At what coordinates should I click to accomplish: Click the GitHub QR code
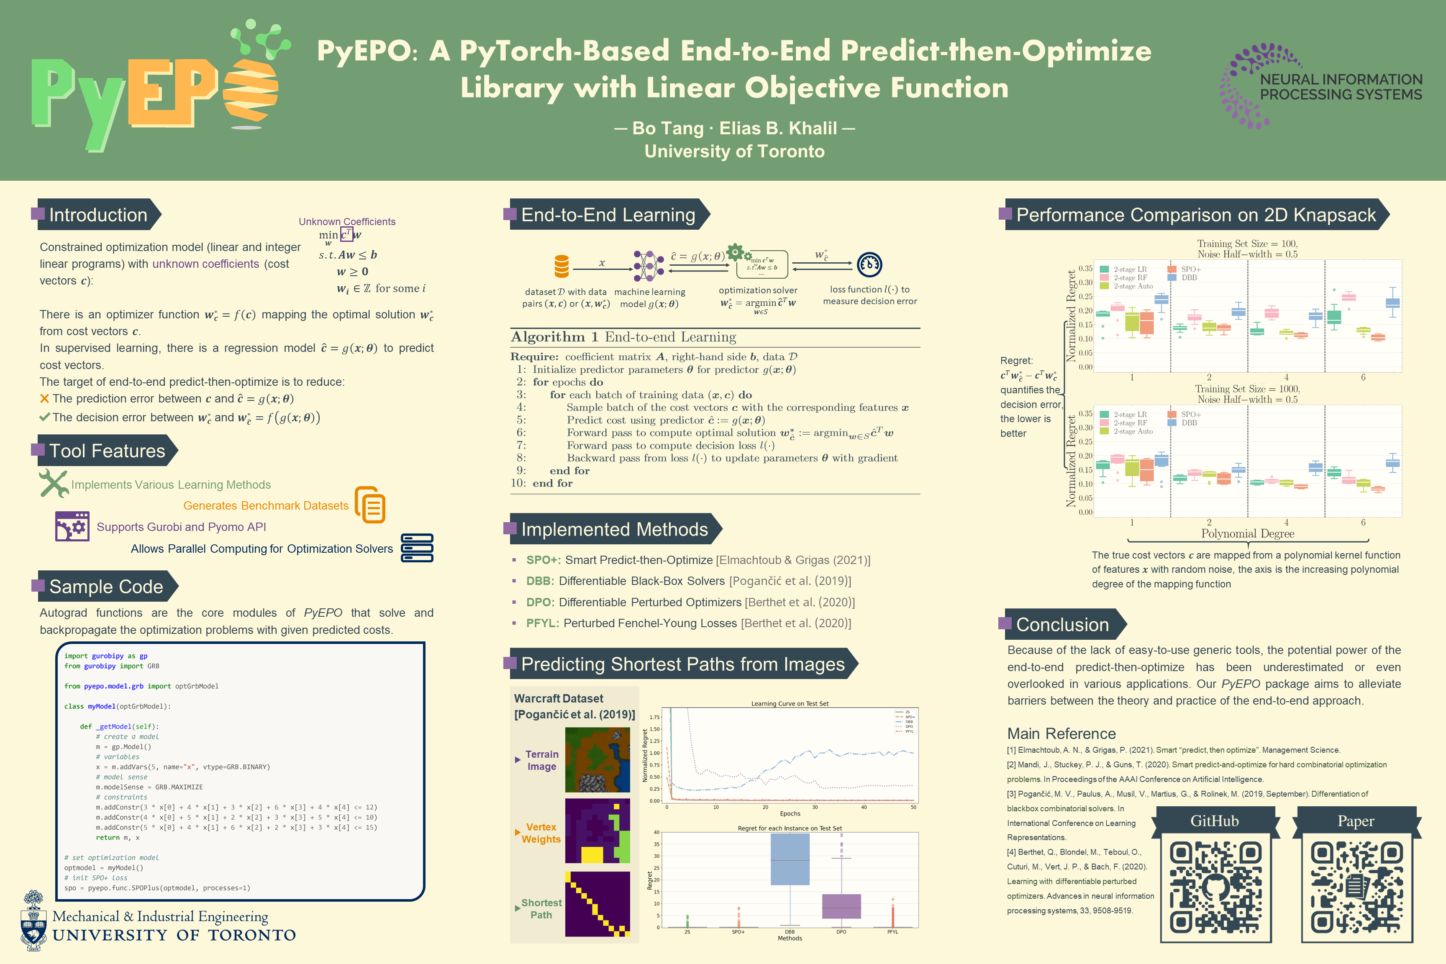(1215, 887)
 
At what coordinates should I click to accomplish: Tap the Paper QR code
(1357, 887)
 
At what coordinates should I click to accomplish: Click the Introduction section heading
(98, 215)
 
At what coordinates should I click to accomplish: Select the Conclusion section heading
(1062, 625)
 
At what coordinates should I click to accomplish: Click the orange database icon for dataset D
(561, 266)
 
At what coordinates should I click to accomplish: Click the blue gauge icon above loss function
(869, 264)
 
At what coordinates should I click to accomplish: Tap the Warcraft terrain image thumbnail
(597, 760)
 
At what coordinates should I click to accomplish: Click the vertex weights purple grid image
(597, 831)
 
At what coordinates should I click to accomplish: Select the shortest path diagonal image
(597, 904)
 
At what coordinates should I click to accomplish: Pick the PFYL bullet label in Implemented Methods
(542, 623)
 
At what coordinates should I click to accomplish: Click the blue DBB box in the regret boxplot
(790, 859)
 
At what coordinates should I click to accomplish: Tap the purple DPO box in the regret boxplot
(841, 906)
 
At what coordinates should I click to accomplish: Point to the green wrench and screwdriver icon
(54, 483)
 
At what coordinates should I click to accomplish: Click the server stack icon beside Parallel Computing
(417, 548)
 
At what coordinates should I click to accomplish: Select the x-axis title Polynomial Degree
(1247, 533)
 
